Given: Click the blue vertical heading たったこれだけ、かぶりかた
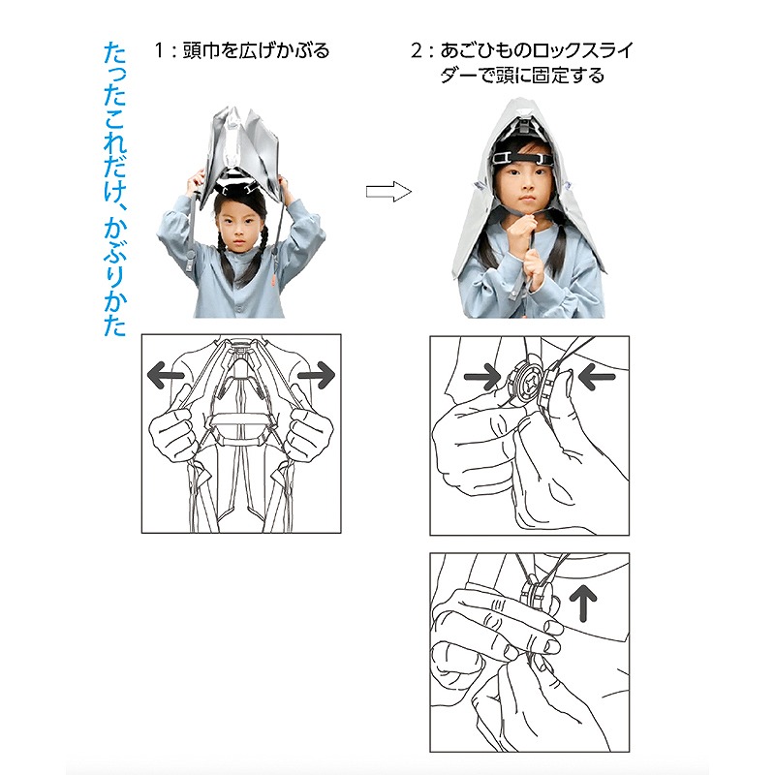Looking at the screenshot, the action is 114,190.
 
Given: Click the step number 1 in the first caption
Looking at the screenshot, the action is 159,50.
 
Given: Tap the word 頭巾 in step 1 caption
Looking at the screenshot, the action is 201,50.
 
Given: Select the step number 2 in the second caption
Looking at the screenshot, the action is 417,50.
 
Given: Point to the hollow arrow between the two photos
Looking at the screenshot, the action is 388,191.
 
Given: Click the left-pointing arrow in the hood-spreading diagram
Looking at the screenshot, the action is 166,375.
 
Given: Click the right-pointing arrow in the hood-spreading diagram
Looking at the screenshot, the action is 317,375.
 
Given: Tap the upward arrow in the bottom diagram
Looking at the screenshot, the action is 583,602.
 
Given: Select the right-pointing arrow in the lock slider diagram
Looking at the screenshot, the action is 482,378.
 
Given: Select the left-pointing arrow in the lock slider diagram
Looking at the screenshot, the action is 597,378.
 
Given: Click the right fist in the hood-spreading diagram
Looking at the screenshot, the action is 310,433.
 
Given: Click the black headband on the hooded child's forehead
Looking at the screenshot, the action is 523,158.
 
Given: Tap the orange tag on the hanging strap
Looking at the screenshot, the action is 274,279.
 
